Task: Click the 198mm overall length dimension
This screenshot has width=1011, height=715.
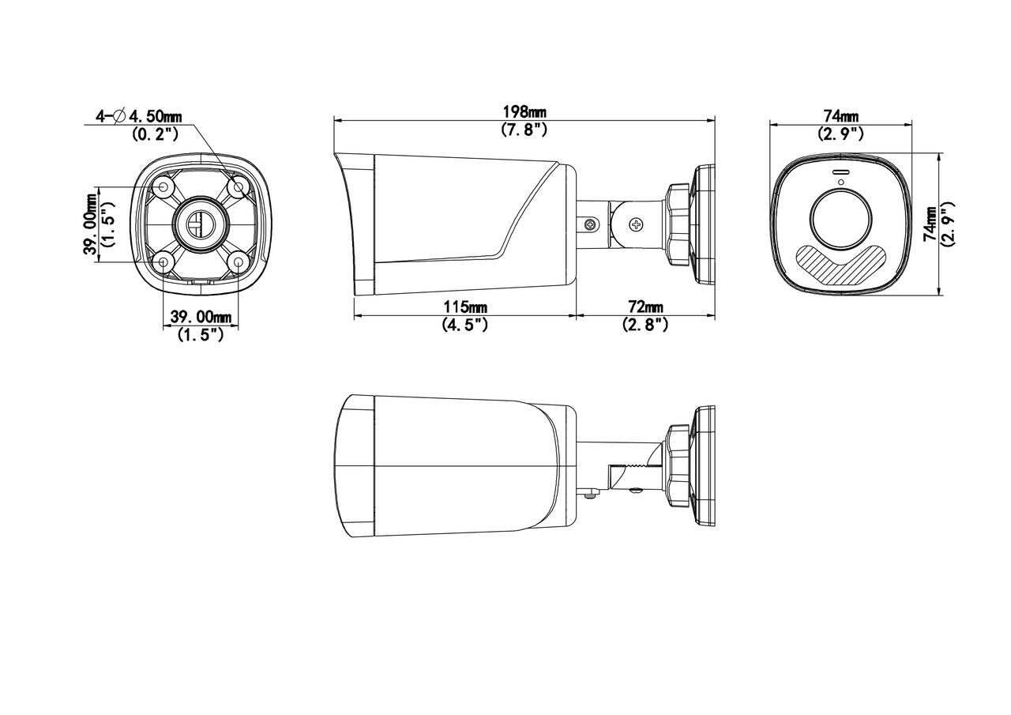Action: point(524,112)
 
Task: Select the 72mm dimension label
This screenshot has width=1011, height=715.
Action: point(645,307)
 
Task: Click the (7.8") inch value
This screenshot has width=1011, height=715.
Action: point(524,130)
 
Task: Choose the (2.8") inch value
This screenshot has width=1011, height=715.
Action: point(645,324)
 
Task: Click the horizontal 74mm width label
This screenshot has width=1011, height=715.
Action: point(840,117)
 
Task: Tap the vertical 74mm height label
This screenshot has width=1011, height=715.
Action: point(932,224)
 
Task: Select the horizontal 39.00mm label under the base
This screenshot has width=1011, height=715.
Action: point(201,317)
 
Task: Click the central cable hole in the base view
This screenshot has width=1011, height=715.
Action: point(200,223)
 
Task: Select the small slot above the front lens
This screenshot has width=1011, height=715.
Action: point(840,172)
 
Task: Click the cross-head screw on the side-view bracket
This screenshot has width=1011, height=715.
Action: point(636,225)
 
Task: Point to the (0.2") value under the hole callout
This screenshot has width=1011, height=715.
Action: point(155,134)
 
